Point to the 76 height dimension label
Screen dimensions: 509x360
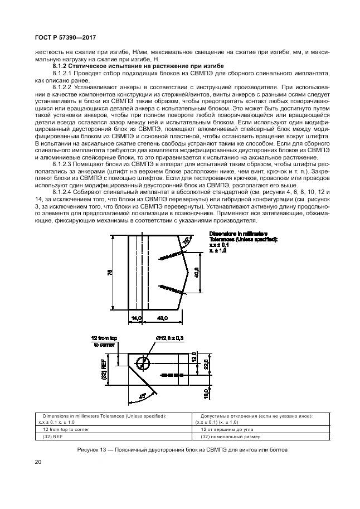point(110,272)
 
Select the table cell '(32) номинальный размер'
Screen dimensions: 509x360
point(228,438)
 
